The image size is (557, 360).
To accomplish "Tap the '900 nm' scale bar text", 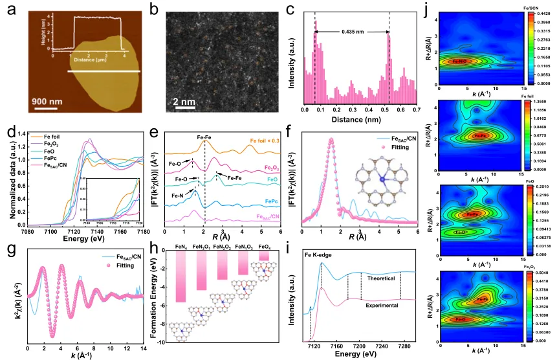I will click(46, 100).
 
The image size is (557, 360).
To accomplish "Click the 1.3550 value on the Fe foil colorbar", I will click(542, 102).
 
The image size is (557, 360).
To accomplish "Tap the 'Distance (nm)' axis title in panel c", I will click(373, 119).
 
